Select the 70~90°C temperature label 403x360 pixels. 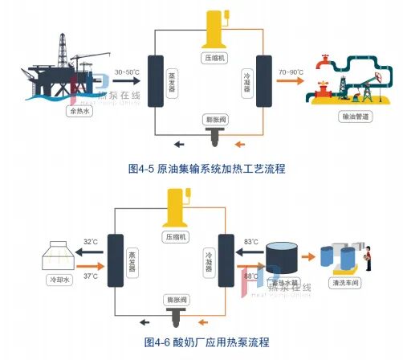click(x=291, y=72)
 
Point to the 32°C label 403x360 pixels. click(x=91, y=241)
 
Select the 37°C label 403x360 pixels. click(x=91, y=276)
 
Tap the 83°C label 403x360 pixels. click(x=250, y=241)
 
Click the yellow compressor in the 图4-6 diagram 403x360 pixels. click(x=177, y=211)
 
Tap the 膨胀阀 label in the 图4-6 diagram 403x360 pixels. click(x=178, y=299)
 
